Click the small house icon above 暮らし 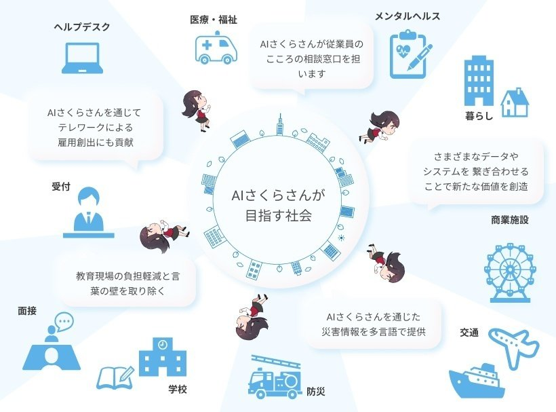[x=514, y=102]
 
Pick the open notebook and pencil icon [x=116, y=377]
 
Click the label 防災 [x=316, y=392]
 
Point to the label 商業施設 [x=509, y=220]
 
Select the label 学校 [x=178, y=390]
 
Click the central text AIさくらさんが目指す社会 [x=278, y=206]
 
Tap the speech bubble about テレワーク [x=94, y=127]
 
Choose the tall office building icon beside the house [x=479, y=82]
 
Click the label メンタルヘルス [x=408, y=16]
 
